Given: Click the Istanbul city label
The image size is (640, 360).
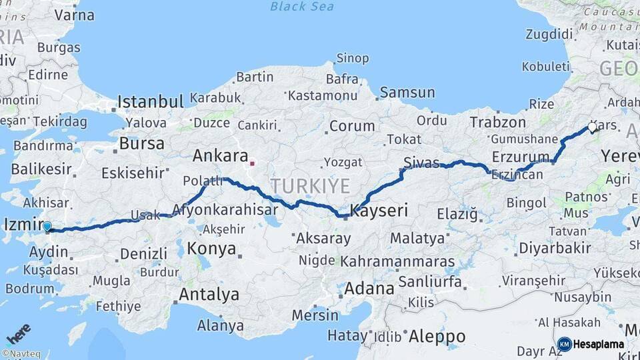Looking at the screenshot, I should [150, 102].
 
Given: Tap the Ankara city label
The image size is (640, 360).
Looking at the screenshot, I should [221, 156].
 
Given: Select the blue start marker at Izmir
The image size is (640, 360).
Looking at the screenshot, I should [47, 228].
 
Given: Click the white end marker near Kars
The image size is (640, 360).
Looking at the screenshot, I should [592, 127].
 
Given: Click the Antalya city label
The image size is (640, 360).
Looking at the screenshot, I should [209, 294].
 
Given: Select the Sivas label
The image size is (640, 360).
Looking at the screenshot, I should [421, 161].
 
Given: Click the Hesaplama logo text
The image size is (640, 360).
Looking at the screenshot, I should [599, 344].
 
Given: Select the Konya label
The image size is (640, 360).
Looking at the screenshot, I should [212, 249].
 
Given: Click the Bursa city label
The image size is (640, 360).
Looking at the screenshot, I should [142, 143].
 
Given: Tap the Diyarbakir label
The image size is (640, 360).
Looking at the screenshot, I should [555, 248].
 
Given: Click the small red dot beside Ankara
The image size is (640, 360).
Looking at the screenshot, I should [252, 162].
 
